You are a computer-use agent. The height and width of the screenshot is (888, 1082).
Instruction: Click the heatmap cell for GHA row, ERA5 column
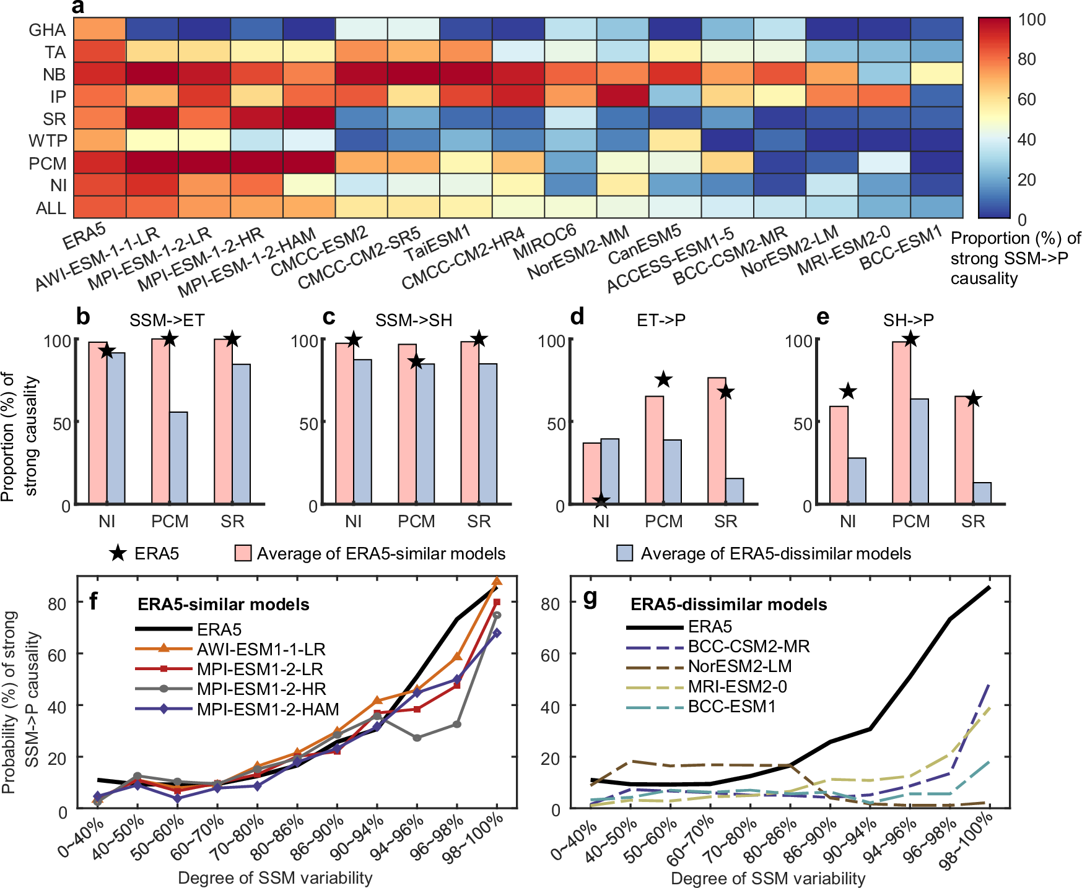pyautogui.click(x=100, y=29)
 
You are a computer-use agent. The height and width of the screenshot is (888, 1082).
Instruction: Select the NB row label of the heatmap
pyautogui.click(x=55, y=74)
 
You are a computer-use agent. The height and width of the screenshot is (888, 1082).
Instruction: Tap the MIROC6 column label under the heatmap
pyautogui.click(x=545, y=243)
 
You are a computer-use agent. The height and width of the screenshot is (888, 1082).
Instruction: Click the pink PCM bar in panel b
pyautogui.click(x=161, y=421)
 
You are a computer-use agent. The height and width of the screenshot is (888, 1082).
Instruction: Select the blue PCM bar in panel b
pyautogui.click(x=178, y=457)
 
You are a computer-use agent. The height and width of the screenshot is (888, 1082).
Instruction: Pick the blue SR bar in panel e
pyautogui.click(x=982, y=493)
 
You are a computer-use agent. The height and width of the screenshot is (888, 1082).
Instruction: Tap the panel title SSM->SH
pyautogui.click(x=414, y=320)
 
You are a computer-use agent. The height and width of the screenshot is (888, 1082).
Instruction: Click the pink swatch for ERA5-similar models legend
pyautogui.click(x=243, y=553)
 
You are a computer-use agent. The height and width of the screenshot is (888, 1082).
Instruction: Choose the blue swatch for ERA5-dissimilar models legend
pyautogui.click(x=625, y=553)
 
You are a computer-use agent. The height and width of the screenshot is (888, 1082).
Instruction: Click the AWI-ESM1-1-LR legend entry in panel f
pyautogui.click(x=261, y=649)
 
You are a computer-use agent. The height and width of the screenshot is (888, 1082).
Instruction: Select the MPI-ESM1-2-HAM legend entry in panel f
pyautogui.click(x=268, y=709)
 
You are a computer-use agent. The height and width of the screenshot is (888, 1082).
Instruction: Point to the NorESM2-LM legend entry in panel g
pyautogui.click(x=740, y=666)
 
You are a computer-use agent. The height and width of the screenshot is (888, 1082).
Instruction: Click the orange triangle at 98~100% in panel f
pyautogui.click(x=497, y=581)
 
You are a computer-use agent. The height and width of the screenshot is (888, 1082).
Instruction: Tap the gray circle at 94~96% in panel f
pyautogui.click(x=417, y=738)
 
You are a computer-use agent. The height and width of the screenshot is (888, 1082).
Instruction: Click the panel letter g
pyautogui.click(x=591, y=598)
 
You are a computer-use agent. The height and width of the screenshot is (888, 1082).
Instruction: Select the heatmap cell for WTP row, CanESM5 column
pyautogui.click(x=674, y=140)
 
